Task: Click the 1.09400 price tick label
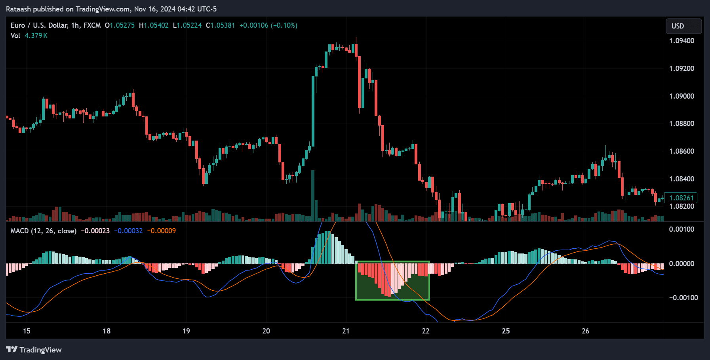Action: click(x=681, y=41)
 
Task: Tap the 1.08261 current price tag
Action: click(x=681, y=198)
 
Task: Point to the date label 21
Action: click(x=346, y=331)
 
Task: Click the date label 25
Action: click(x=506, y=331)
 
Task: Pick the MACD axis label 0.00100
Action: click(x=681, y=229)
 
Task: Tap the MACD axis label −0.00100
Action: click(x=683, y=298)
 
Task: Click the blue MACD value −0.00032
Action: click(x=128, y=231)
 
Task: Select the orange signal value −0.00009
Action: click(x=161, y=231)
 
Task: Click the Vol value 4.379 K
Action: click(x=36, y=36)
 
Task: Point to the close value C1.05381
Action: click(x=220, y=25)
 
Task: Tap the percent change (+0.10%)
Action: click(x=284, y=25)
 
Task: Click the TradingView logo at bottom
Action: click(x=34, y=350)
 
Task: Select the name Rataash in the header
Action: click(x=18, y=9)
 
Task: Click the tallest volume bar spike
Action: click(x=313, y=194)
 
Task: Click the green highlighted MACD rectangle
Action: click(x=392, y=280)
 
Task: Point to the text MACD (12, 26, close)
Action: click(x=44, y=231)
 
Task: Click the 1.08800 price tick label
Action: click(x=681, y=124)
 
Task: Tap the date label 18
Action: click(x=106, y=331)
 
